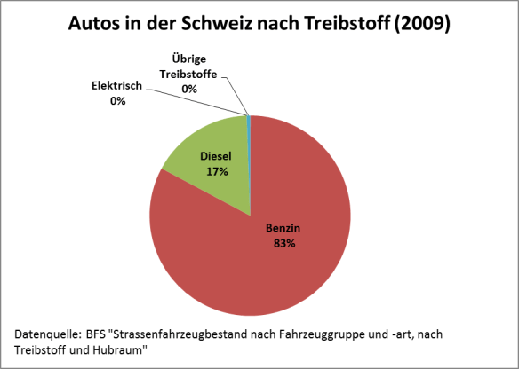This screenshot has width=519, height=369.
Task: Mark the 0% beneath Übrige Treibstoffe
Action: coord(188,89)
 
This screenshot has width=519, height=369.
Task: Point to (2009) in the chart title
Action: coord(422,24)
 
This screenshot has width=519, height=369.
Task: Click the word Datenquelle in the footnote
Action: coord(46,334)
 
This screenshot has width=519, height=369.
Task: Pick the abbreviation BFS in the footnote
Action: coord(97,334)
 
